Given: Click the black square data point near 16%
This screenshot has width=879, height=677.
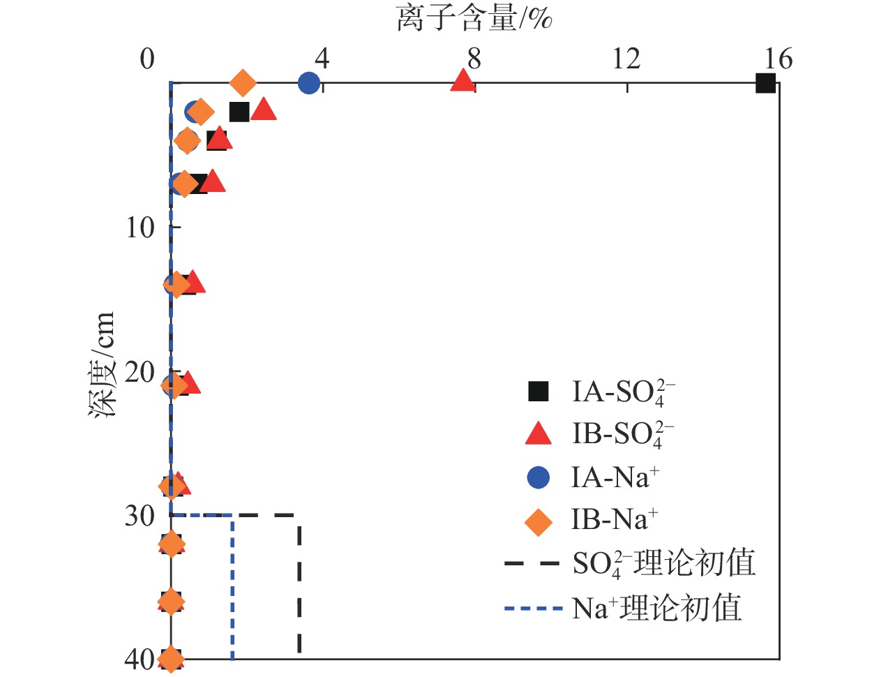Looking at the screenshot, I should pyautogui.click(x=765, y=83).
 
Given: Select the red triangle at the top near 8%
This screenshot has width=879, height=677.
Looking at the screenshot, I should pyautogui.click(x=463, y=81).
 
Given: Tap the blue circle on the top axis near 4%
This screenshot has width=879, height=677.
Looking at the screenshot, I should pyautogui.click(x=308, y=83).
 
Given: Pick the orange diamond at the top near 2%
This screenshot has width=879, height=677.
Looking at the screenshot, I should pyautogui.click(x=242, y=83).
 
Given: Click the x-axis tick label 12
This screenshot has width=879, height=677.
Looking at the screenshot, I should pyautogui.click(x=626, y=59).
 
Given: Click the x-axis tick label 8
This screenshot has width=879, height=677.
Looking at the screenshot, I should pyautogui.click(x=474, y=59).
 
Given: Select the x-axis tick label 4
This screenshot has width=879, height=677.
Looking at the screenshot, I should pyautogui.click(x=322, y=59).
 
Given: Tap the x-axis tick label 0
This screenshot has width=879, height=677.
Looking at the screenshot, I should pyautogui.click(x=147, y=59).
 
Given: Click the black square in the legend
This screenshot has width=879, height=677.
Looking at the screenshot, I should pyautogui.click(x=538, y=392).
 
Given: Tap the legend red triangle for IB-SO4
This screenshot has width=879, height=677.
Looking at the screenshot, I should pyautogui.click(x=538, y=434).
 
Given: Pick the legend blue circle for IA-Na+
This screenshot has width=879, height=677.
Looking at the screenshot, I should pyautogui.click(x=538, y=477).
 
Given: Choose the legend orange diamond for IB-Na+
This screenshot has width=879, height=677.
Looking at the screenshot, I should pyautogui.click(x=538, y=521).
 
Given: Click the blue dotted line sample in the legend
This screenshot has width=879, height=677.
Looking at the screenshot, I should pyautogui.click(x=533, y=609).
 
